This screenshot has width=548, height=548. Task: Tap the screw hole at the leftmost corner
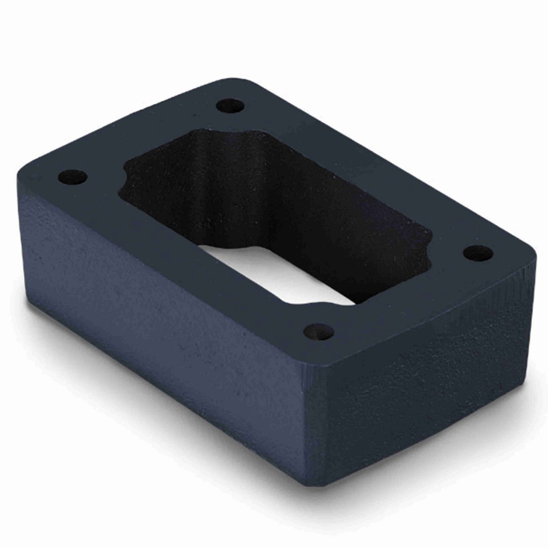73,175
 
